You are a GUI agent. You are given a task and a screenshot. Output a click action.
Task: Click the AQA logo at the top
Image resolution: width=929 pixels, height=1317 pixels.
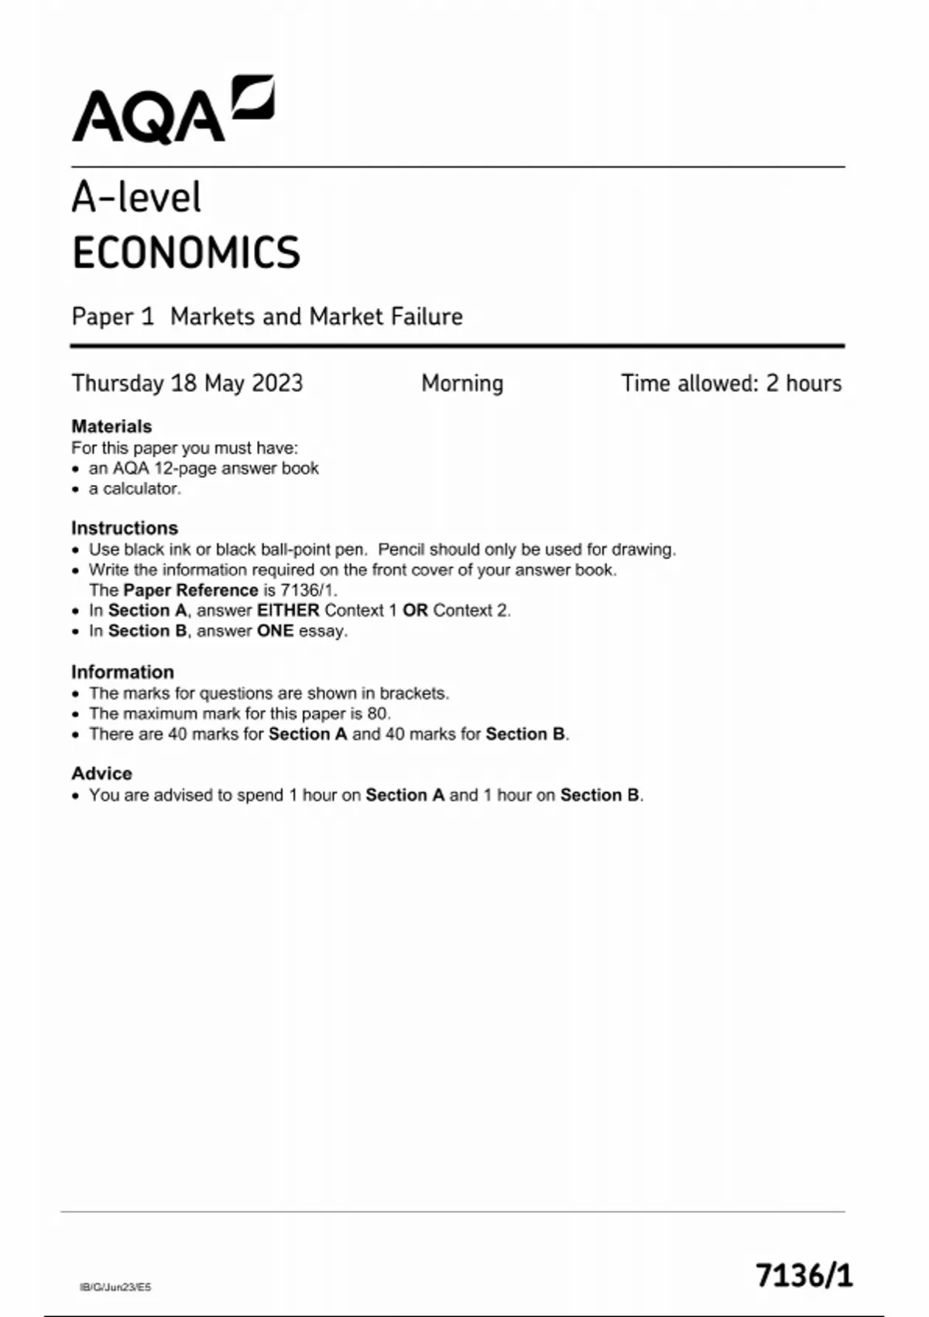[x=172, y=111]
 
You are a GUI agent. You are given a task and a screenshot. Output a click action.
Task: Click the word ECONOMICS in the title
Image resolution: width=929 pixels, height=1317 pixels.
[x=186, y=253]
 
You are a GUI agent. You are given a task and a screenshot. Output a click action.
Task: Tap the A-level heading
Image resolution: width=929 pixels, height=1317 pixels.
[x=136, y=198]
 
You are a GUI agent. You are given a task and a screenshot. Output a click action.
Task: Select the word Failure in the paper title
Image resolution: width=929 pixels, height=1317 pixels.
[x=427, y=317]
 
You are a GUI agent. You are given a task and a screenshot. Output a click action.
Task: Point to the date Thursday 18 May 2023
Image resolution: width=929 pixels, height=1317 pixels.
[x=187, y=383]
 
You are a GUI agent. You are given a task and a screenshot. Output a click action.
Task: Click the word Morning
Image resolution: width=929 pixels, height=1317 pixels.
[x=462, y=383]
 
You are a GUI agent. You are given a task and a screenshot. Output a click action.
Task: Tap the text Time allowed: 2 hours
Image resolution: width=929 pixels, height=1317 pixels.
[x=731, y=383]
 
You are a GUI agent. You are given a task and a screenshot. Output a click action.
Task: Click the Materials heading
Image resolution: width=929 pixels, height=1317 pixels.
[x=111, y=426]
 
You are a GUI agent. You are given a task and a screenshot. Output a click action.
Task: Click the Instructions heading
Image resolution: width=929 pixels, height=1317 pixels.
[x=125, y=528]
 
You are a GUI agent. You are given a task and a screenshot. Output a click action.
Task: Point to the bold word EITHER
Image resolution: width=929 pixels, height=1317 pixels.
[x=288, y=610]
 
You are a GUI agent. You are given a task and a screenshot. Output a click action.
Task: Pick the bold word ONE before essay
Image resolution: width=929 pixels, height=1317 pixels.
[x=275, y=631]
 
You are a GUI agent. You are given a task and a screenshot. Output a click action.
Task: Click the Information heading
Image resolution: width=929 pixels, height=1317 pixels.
[x=122, y=672]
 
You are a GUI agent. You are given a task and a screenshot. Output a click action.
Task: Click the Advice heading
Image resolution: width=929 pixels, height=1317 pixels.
[x=101, y=773]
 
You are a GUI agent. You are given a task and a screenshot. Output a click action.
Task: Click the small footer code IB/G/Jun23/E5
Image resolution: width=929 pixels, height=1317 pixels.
[x=115, y=1288]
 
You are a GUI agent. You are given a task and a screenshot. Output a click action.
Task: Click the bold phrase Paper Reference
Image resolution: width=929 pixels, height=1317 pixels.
[x=190, y=590]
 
